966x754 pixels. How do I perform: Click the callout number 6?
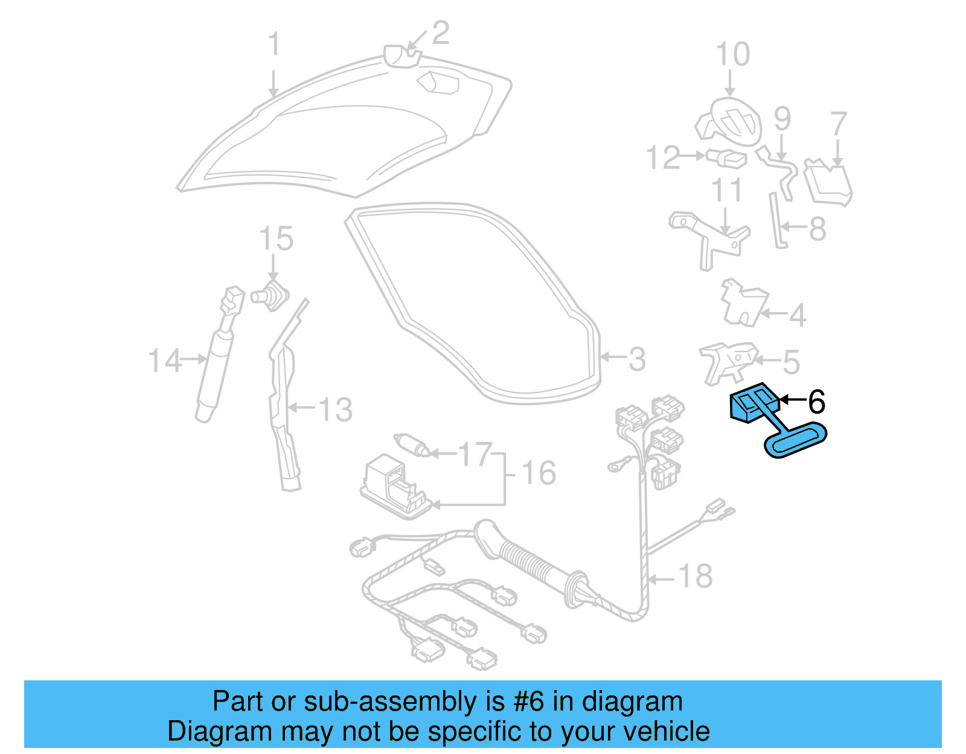coord(816,401)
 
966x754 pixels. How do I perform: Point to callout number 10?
coord(732,55)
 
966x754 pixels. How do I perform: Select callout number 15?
coord(276,239)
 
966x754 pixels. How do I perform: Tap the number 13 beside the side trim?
coord(335,410)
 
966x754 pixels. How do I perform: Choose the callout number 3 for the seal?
coord(637,359)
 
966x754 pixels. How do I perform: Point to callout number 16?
coord(539,473)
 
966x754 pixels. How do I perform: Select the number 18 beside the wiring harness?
coord(696,577)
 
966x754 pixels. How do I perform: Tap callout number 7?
coord(839,124)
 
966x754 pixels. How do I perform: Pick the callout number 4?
coord(798,315)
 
